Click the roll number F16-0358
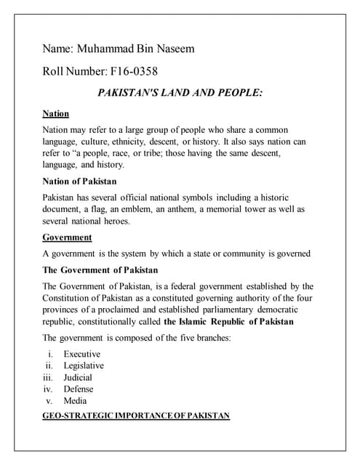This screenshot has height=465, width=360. [131, 73]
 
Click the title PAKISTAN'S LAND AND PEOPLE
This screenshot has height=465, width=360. [180, 93]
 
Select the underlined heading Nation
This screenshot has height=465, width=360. [55, 114]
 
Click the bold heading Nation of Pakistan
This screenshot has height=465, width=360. [79, 181]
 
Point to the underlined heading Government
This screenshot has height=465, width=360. [67, 237]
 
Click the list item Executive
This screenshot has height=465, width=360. [81, 354]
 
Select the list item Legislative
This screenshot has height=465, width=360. [84, 365]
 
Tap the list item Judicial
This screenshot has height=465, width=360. [78, 377]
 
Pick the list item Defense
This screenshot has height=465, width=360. [79, 389]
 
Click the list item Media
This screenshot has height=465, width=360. [75, 400]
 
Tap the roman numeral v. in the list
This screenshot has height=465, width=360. [50, 400]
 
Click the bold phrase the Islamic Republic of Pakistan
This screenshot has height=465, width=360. [229, 321]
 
